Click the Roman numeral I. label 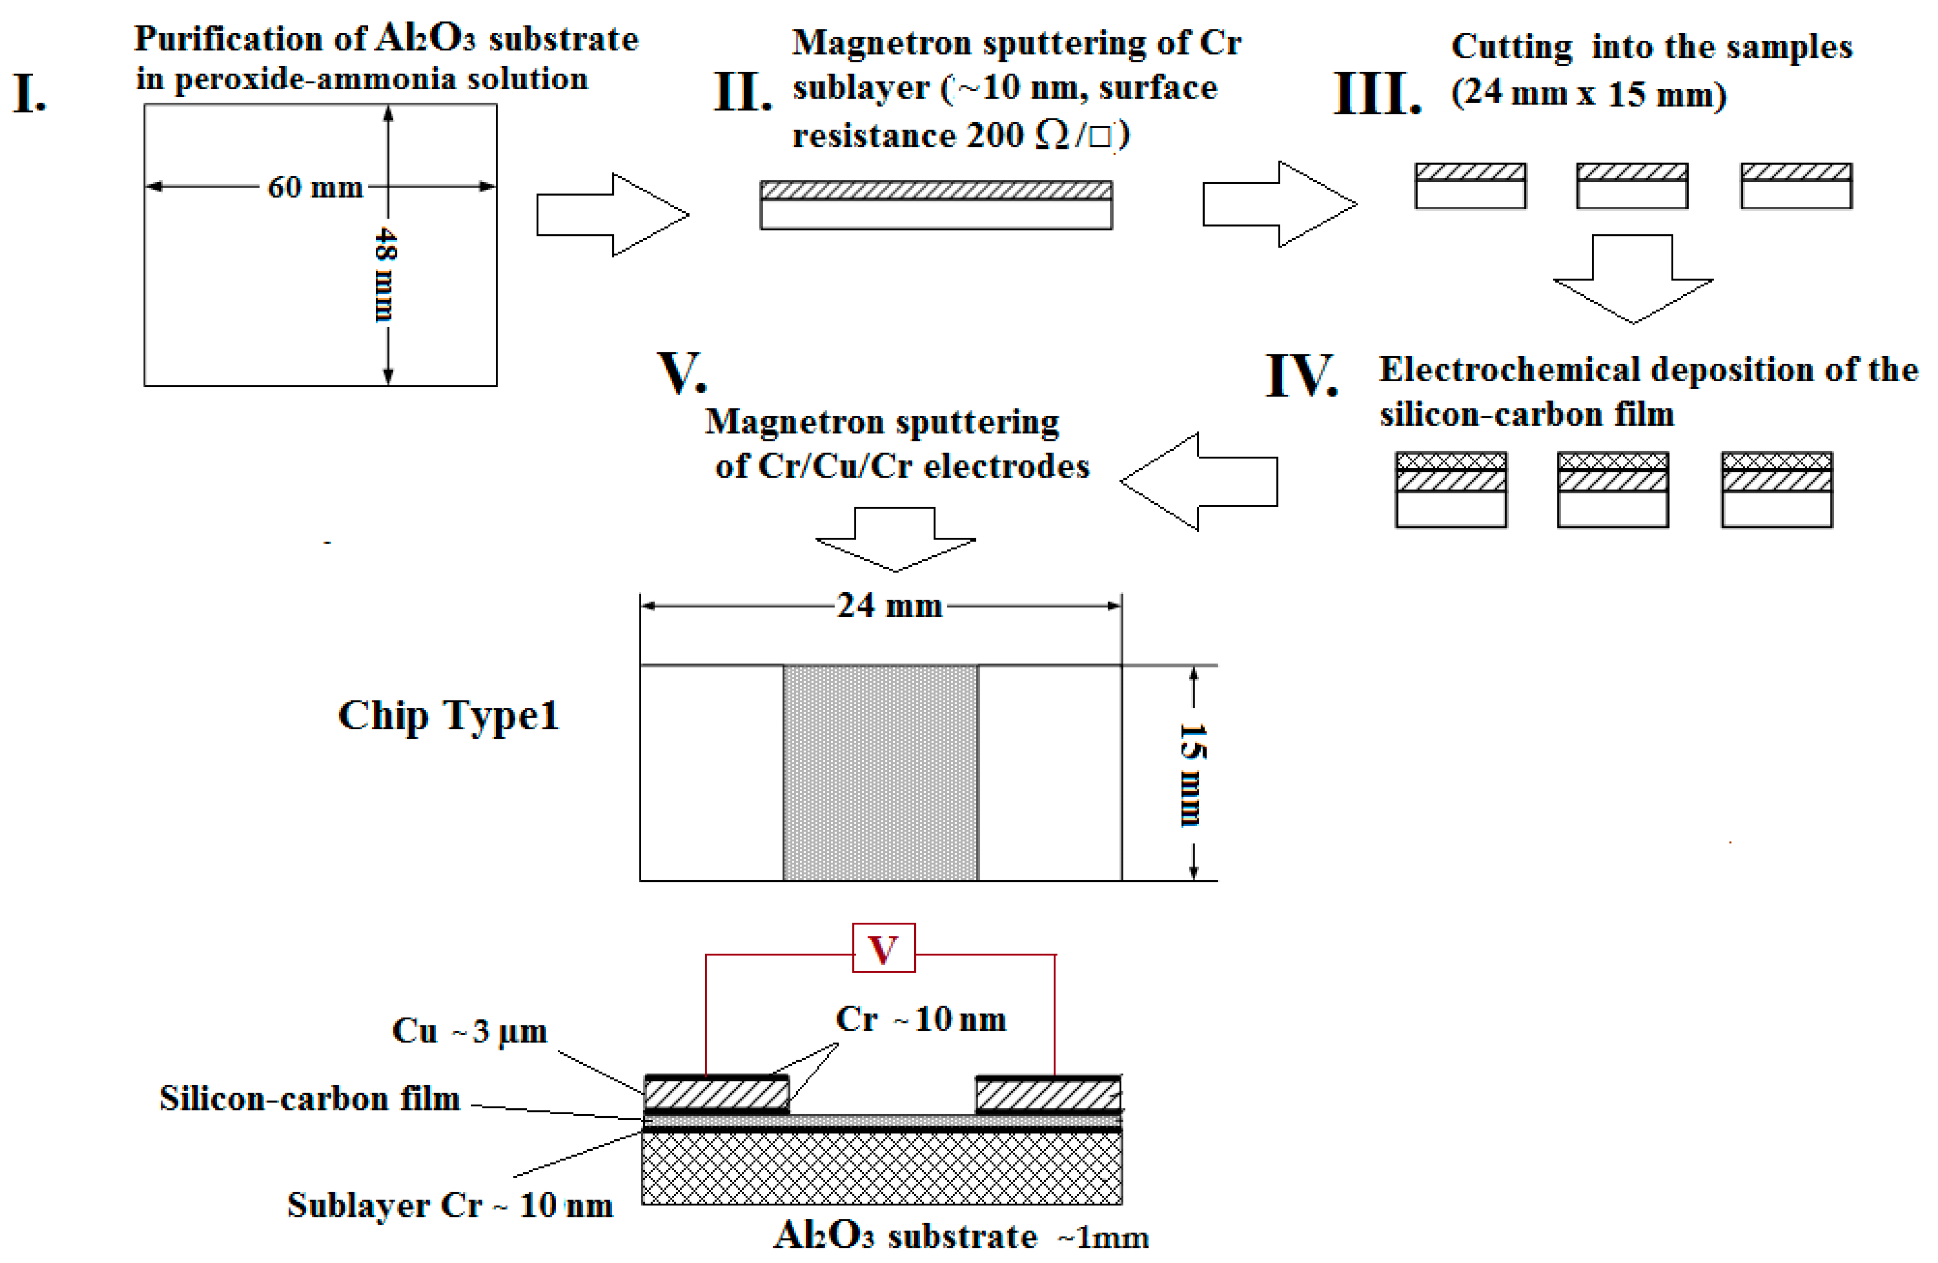point(29,94)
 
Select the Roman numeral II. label point(742,92)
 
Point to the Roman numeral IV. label point(1301,376)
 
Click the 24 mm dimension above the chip point(889,606)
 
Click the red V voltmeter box point(883,948)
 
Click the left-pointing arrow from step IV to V point(1198,482)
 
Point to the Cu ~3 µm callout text point(469,1031)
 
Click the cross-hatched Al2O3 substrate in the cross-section point(881,1169)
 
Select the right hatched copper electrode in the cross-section point(1048,1094)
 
